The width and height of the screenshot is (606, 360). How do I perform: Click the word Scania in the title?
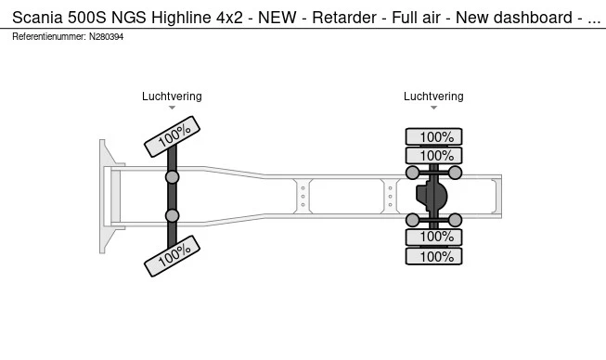point(37,18)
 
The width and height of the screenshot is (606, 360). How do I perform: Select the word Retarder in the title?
point(344,18)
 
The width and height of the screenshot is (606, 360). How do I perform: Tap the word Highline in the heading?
point(181,18)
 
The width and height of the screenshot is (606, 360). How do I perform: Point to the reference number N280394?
point(107,37)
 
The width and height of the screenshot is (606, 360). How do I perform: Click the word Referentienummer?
point(49,37)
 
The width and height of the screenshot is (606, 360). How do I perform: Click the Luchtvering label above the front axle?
point(172,96)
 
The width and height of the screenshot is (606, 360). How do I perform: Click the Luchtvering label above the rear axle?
point(433,96)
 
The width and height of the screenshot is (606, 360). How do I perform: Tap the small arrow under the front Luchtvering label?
point(172,108)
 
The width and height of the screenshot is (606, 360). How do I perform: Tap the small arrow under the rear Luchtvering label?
point(433,108)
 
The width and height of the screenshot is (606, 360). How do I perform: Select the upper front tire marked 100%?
point(172,136)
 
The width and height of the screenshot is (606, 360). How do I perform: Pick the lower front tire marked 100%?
point(172,256)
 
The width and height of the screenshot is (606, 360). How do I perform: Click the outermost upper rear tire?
point(433,136)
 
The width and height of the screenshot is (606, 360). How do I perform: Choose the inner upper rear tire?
point(433,156)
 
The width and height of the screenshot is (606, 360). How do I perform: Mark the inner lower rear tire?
point(433,237)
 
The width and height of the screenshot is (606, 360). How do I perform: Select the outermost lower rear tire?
point(433,256)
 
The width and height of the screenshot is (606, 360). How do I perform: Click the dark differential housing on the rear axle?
point(432,196)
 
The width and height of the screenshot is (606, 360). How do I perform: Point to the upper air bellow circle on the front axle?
point(172,177)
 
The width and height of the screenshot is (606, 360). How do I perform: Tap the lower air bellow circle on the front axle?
point(172,215)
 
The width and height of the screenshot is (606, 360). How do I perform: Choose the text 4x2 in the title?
point(229,18)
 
